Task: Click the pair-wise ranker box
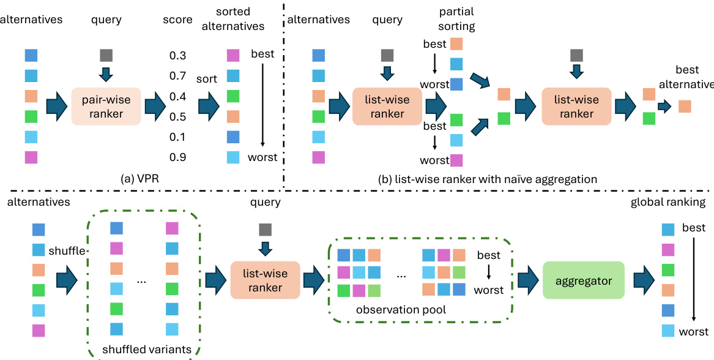106,106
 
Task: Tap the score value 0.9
178,157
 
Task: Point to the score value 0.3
178,56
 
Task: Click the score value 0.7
178,77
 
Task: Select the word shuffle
67,251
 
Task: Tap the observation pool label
401,310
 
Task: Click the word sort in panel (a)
206,80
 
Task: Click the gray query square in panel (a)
106,56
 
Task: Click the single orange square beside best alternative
685,107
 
